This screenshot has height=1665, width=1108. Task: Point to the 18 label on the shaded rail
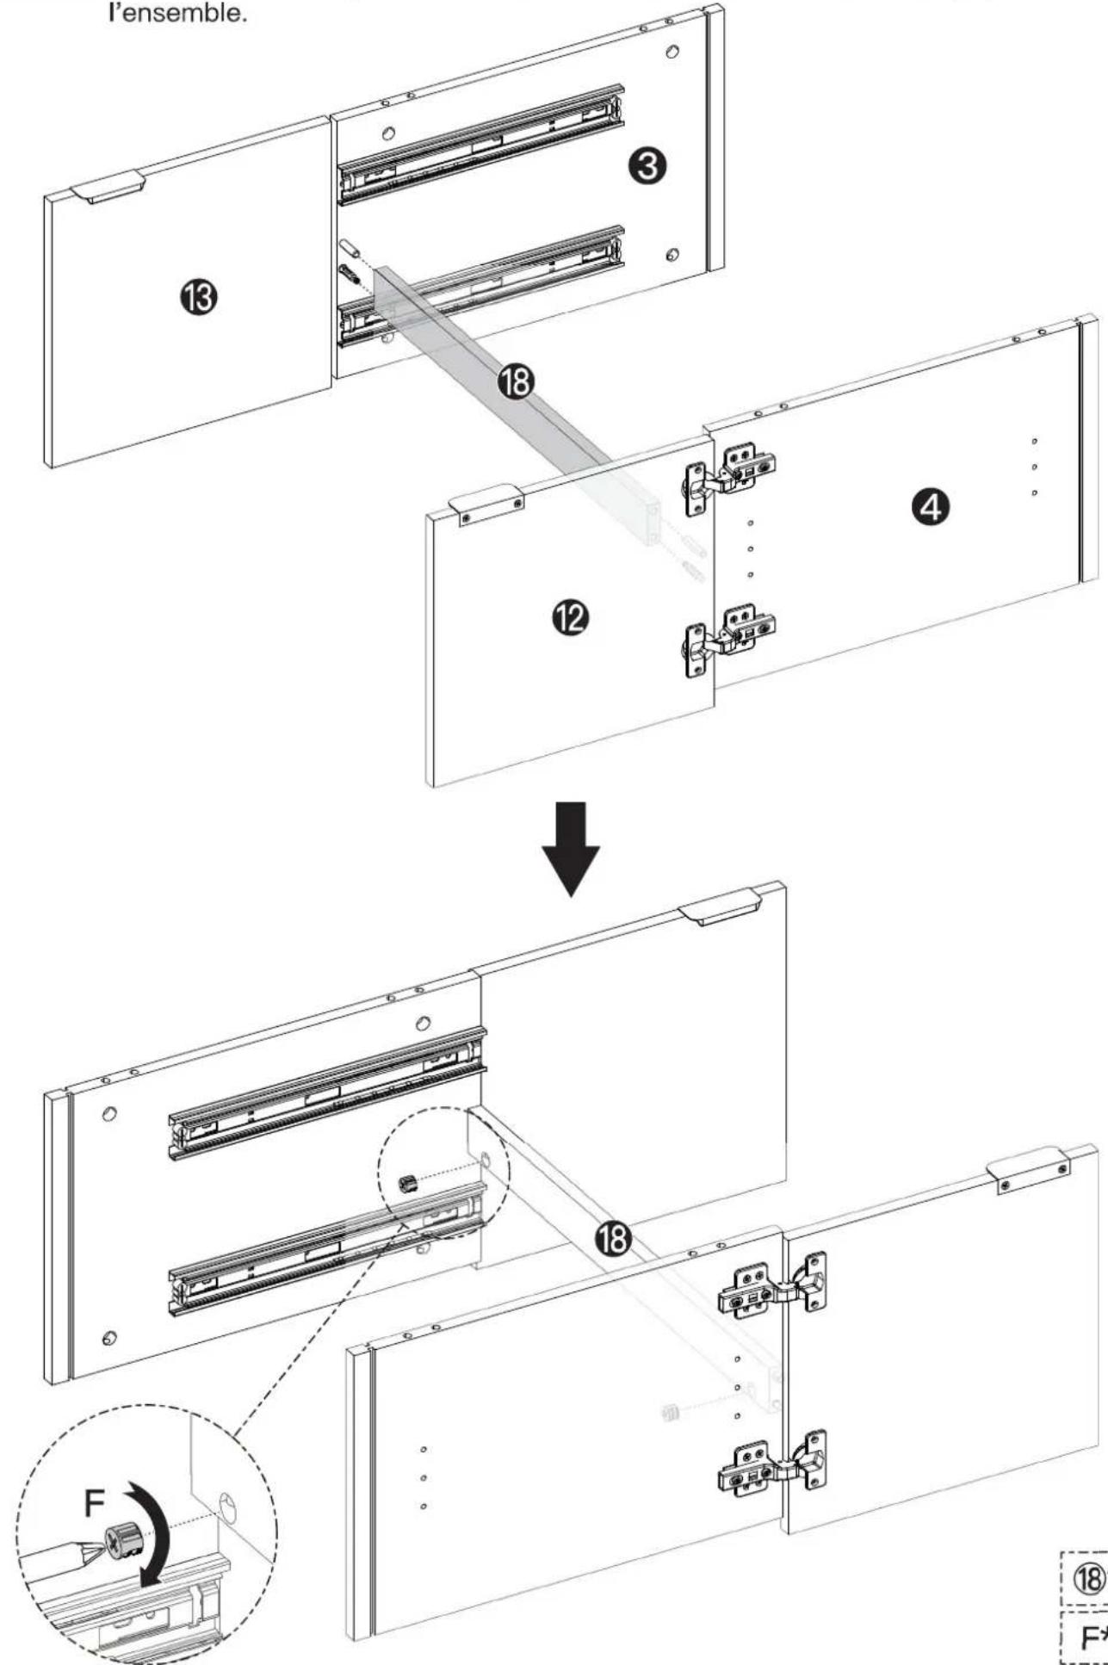517,382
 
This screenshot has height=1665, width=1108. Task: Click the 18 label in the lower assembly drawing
613,1241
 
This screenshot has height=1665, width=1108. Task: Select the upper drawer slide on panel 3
480,145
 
